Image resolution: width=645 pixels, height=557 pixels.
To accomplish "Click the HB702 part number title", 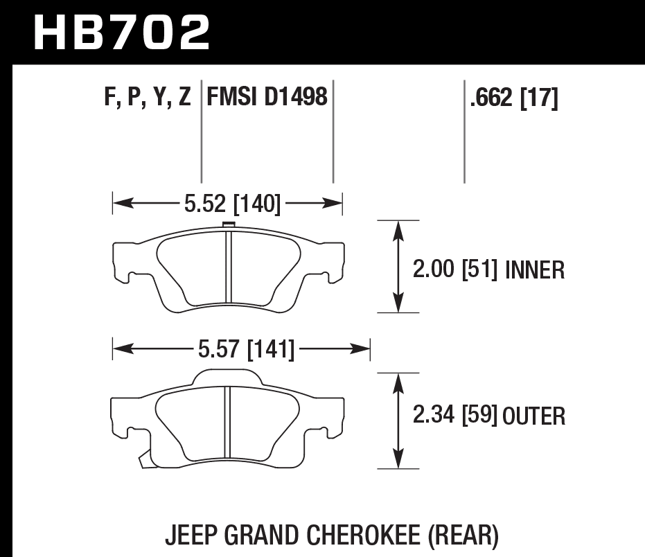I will point(121,32).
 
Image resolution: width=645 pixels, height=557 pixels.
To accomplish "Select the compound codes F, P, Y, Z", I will point(148,98).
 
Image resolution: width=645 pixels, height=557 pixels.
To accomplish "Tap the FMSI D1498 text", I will point(267,97).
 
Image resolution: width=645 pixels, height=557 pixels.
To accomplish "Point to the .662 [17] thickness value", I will point(513,98).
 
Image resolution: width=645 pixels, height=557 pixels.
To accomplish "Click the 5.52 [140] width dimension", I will point(231,203).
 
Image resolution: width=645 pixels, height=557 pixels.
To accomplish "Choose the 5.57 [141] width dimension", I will point(246,350).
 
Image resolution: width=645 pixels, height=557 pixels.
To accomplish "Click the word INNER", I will point(535,269).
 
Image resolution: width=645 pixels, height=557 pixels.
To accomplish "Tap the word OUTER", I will point(534,416).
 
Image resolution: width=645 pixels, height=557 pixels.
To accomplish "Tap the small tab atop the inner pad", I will point(227,224).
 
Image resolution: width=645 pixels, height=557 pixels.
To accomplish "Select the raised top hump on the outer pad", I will point(228,377).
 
